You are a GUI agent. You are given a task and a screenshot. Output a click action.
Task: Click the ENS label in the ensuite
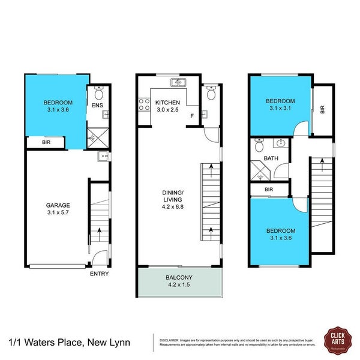[98, 106]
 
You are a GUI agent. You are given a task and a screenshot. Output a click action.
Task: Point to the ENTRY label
[100, 274]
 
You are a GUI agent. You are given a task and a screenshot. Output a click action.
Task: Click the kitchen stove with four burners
[144, 106]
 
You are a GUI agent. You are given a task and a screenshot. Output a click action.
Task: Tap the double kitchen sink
[178, 82]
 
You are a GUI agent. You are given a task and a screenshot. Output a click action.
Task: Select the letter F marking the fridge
[191, 115]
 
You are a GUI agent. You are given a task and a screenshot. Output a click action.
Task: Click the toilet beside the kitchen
[210, 92]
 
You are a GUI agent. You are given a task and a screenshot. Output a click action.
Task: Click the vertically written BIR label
[323, 110]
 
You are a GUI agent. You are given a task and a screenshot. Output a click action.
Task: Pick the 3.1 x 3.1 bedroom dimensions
[280, 109]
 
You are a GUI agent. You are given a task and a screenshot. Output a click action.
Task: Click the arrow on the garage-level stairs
[99, 231]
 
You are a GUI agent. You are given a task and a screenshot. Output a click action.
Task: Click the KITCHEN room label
[168, 103]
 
